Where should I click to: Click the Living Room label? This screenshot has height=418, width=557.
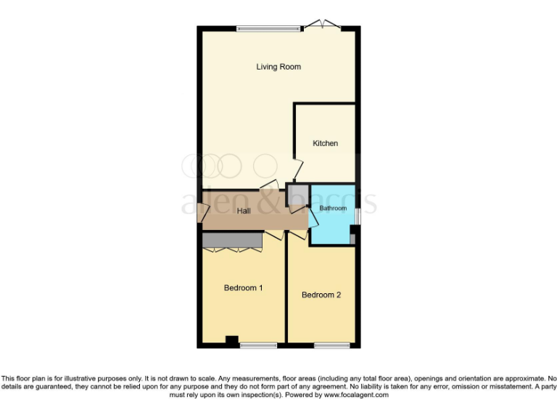pos(278,67)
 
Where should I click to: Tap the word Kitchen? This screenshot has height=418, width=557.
pos(325,143)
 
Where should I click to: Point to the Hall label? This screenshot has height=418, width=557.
pos(244,211)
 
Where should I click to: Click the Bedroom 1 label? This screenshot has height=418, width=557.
pos(243,288)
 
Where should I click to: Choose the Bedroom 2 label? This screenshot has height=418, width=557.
pos(321,295)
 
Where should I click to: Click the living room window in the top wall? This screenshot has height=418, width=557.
pos(268,29)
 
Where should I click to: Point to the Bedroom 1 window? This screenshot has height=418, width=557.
pos(258,345)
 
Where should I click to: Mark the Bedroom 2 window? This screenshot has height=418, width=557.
pos(332,345)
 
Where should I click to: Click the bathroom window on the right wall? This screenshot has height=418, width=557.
pos(356,216)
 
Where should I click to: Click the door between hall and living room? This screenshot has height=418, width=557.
pos(269,184)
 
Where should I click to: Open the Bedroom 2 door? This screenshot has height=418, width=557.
pos(297,237)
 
